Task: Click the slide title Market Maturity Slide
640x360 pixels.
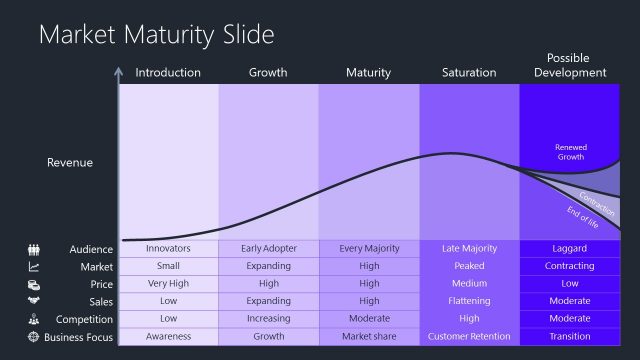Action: point(156,35)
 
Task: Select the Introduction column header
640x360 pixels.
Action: point(168,72)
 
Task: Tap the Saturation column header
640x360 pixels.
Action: point(469,72)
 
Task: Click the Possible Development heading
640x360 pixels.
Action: point(570,65)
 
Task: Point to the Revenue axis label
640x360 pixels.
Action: point(70,162)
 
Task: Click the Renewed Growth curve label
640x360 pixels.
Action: point(570,152)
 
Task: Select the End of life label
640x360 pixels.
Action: point(582,216)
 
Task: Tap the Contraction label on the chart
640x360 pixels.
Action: point(596,198)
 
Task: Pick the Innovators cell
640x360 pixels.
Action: point(168,248)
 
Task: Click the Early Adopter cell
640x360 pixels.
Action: point(268,248)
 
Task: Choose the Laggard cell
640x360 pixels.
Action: point(570,248)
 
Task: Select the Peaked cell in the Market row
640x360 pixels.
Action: point(469,266)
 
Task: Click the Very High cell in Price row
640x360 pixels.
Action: point(168,284)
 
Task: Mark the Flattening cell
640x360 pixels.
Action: point(469,301)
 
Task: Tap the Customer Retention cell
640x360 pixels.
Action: point(469,337)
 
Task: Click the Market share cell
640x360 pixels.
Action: point(368,337)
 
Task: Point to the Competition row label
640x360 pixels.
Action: point(84,319)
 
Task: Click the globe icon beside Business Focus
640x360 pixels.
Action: point(34,337)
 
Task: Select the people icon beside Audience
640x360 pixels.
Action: point(34,249)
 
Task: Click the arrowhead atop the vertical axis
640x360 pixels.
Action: point(119,72)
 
